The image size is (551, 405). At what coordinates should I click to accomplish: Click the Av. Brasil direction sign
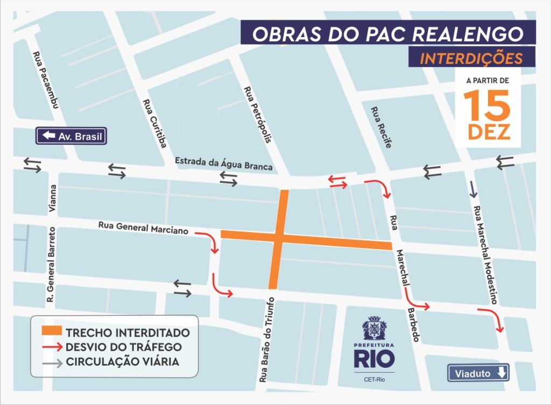(71, 136)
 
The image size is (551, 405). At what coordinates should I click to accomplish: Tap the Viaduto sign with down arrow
(478, 373)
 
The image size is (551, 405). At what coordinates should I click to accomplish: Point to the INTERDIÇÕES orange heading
(471, 58)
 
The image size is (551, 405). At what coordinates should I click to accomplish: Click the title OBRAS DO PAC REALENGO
(387, 33)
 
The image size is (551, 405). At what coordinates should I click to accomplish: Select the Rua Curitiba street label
(154, 123)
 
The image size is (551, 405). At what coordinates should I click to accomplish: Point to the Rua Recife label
(381, 127)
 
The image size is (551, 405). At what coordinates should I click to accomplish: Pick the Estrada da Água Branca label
(224, 164)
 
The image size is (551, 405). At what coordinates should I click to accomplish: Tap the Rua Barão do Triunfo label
(267, 339)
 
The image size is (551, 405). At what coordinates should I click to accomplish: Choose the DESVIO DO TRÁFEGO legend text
(123, 347)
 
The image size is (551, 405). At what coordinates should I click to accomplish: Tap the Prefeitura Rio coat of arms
(374, 328)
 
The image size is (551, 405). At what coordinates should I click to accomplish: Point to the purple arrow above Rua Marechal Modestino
(473, 188)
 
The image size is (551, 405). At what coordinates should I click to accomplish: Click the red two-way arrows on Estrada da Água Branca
(338, 181)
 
